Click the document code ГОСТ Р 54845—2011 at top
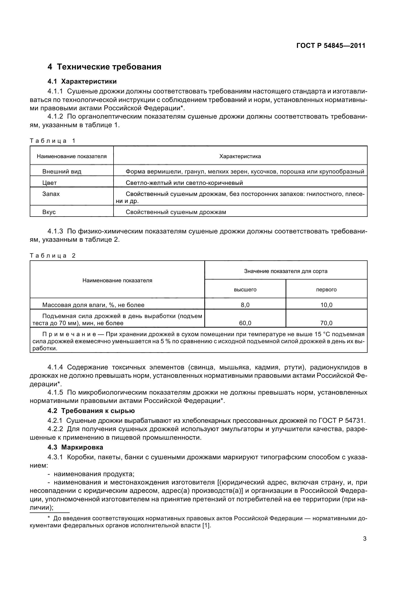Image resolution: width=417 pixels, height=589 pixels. [331, 46]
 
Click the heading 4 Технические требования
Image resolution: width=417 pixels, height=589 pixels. [104, 67]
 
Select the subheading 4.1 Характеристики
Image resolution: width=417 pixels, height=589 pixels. [82, 82]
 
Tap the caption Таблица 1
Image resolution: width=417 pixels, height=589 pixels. [53, 141]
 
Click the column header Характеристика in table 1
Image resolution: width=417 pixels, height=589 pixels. [240, 156]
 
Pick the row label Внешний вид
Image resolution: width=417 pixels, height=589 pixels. [62, 172]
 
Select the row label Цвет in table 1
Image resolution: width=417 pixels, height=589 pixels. [49, 183]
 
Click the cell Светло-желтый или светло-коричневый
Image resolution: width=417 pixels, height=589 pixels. [184, 183]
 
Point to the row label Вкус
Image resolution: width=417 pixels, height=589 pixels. [49, 212]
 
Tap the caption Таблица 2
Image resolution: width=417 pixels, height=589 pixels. [53, 256]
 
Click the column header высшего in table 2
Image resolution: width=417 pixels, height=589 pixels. [245, 290]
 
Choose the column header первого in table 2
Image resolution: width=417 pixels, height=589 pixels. [326, 290]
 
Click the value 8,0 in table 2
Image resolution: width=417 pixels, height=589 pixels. [245, 305]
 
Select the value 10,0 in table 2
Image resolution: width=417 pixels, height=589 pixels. [326, 305]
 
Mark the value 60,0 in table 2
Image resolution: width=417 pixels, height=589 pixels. [245, 323]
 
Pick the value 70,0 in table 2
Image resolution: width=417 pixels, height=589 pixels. [326, 323]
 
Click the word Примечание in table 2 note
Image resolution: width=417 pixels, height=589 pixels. [69, 334]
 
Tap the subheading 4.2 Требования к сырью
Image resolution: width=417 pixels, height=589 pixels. [91, 411]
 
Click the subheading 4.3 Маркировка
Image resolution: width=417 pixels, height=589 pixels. [75, 447]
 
